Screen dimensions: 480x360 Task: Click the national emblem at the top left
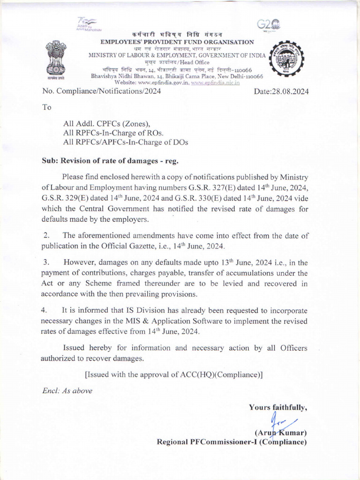point(57,60)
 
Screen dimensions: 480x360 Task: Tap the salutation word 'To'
point(47,107)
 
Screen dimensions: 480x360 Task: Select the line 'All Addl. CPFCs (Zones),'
point(106,124)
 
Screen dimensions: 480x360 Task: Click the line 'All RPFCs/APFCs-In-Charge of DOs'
point(126,142)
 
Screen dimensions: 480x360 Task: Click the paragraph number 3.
point(45,262)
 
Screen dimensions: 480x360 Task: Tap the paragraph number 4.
point(45,310)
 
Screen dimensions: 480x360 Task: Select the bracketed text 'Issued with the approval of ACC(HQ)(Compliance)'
point(173,375)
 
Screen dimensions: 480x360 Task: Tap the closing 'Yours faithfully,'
point(278,407)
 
